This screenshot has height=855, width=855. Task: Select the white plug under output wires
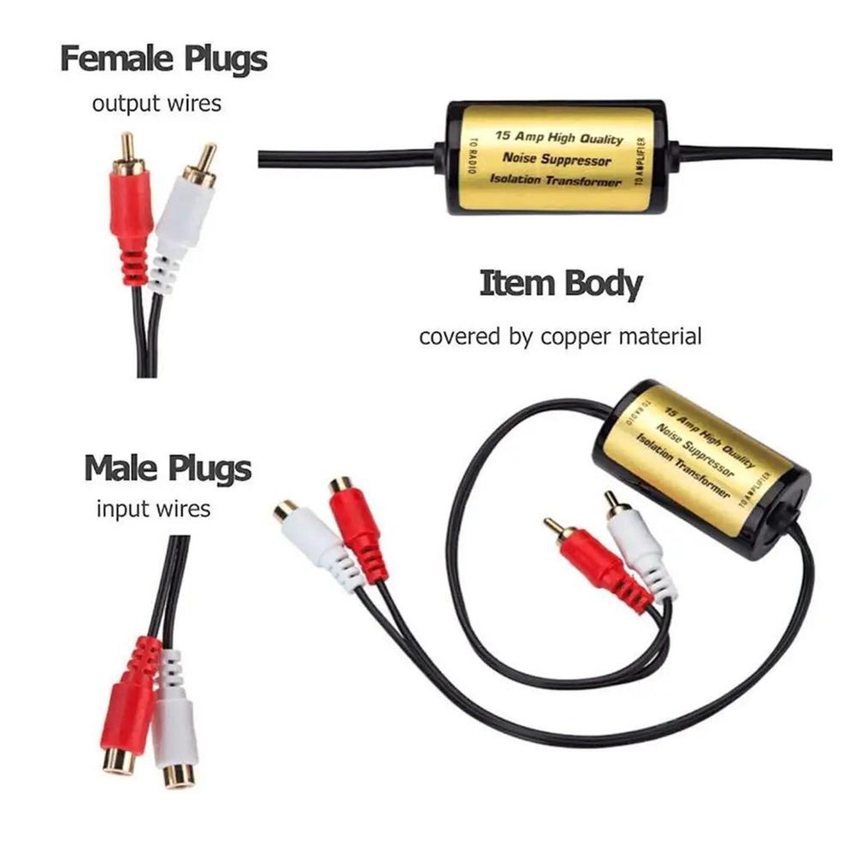click(x=182, y=218)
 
